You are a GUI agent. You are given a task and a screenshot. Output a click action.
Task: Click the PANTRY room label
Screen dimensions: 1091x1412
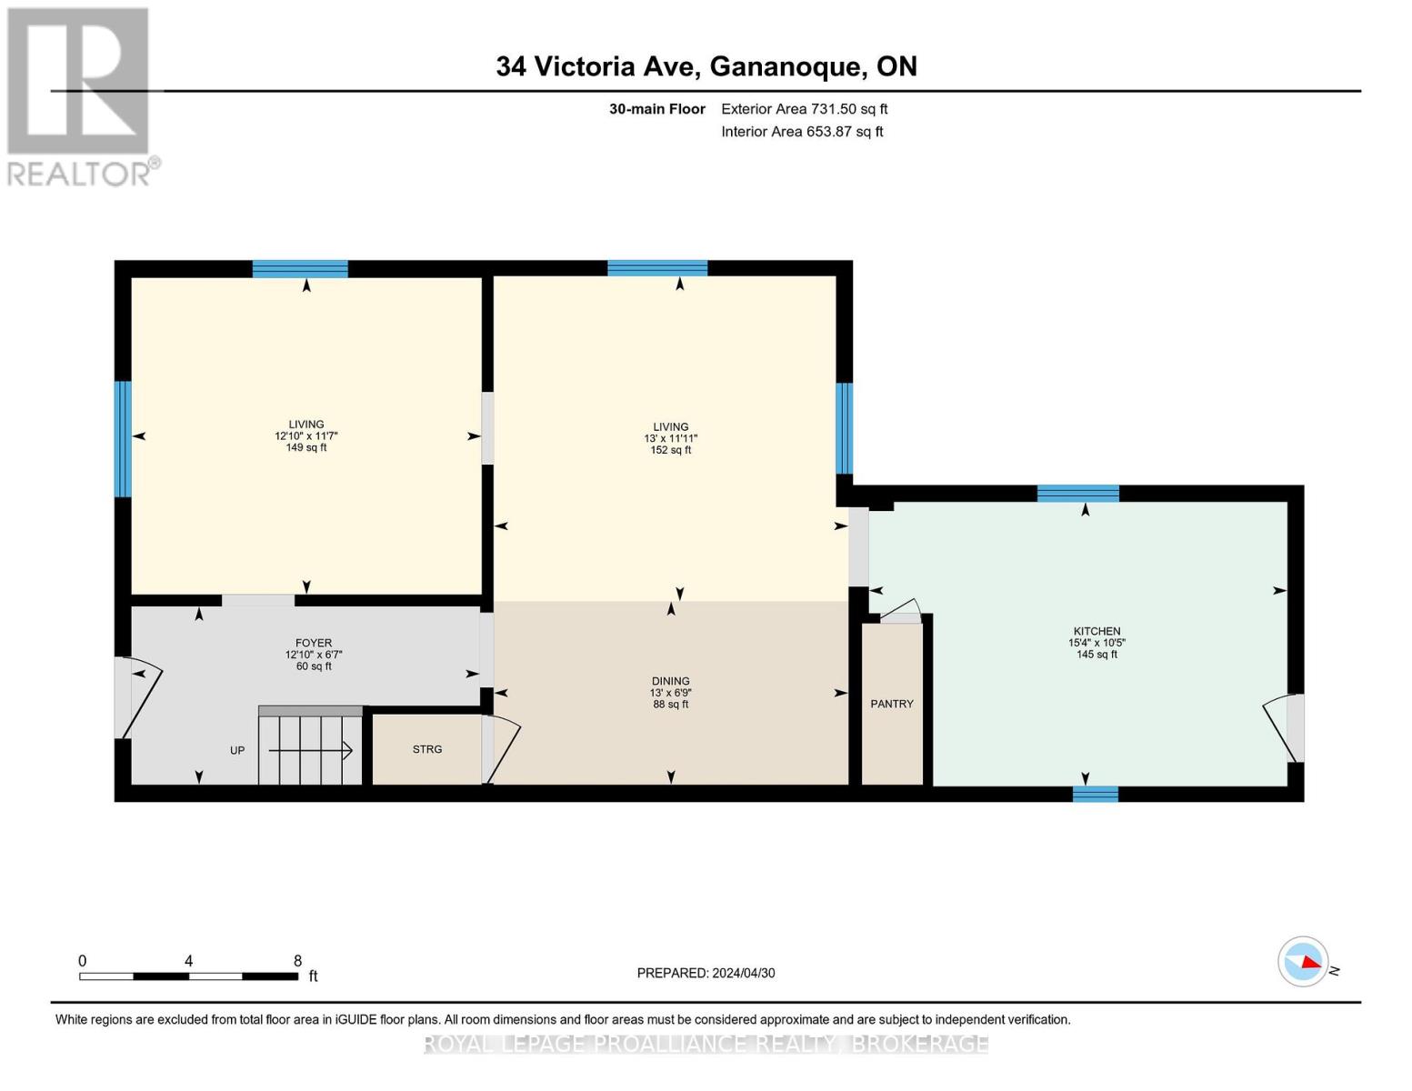point(891,704)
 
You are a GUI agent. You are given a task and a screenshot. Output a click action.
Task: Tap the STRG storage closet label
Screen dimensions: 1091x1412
point(426,749)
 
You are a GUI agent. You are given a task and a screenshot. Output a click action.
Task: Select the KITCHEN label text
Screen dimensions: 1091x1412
point(1097,631)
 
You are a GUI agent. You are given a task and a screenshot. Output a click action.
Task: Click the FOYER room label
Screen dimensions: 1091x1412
point(314,643)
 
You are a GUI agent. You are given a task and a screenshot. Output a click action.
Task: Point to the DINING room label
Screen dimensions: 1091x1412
point(670,681)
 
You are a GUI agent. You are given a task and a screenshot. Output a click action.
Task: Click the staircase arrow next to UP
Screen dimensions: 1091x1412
point(310,750)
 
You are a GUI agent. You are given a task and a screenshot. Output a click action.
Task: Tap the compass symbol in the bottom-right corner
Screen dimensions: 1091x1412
point(1303,961)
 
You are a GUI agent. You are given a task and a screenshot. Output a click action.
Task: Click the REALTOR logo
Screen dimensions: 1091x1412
point(80,95)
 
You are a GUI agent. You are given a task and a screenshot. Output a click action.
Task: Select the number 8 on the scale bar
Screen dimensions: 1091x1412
point(297,961)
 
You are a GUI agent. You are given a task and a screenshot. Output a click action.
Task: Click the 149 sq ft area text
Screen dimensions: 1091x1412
point(306,447)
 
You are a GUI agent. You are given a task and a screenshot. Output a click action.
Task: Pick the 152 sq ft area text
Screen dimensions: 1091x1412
point(670,450)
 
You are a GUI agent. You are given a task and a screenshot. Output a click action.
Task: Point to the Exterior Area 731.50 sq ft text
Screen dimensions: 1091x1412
point(804,109)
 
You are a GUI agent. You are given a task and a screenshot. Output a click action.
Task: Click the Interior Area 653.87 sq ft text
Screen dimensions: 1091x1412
point(802,132)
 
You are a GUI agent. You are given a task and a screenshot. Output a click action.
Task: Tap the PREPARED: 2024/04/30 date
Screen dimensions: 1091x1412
point(706,973)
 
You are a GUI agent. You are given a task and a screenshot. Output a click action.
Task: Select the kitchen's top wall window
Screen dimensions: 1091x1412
point(1077,494)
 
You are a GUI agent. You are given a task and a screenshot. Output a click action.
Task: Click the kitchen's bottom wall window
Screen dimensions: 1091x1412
point(1095,794)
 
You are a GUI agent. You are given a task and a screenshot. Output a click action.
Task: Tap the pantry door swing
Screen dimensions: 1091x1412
point(900,612)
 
